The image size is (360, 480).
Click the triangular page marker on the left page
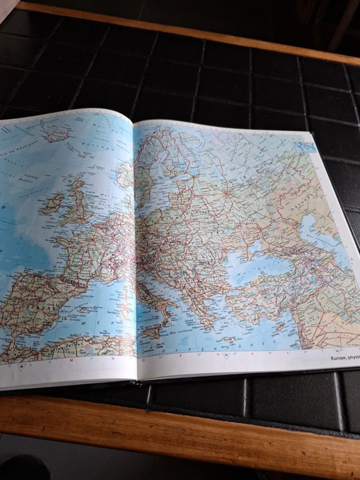pyautogui.click(x=21, y=367)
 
